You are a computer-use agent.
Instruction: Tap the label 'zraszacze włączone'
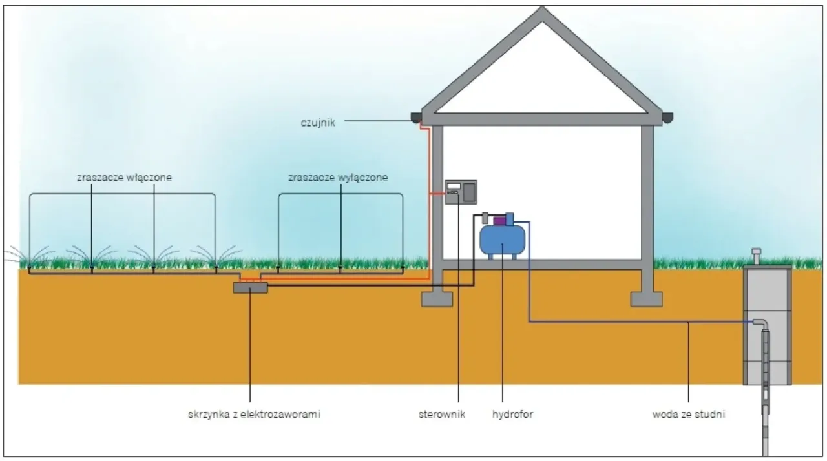122,178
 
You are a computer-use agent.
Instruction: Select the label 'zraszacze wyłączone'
338,178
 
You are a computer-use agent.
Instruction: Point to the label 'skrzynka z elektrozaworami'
251,415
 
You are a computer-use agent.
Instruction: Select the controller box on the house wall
461,192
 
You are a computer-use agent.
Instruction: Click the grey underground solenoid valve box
250,287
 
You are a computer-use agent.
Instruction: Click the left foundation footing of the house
437,298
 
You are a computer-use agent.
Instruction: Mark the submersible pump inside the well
767,362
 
